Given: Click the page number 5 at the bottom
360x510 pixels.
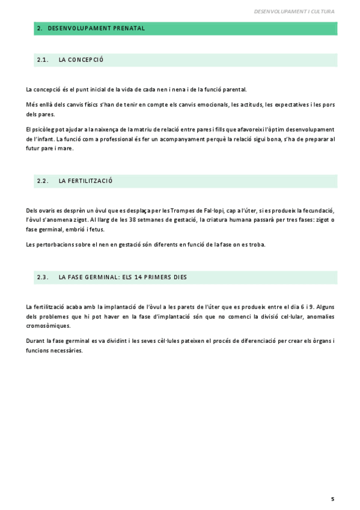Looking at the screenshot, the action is [x=332, y=499].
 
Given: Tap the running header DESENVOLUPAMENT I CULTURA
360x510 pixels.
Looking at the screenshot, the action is [x=294, y=11].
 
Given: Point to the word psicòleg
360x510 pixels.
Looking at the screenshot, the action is [x=45, y=129].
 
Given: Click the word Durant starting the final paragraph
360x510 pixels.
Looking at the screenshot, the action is [x=35, y=342].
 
